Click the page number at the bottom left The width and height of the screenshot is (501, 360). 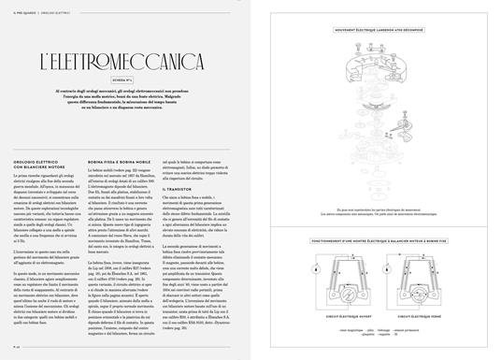[x=17, y=346]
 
